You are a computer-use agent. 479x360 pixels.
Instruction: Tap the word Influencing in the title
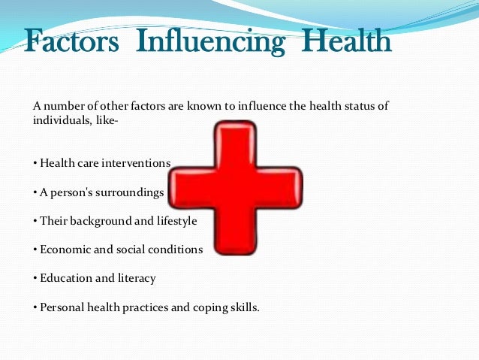tap(210, 42)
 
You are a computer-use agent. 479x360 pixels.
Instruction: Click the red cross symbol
tap(235, 188)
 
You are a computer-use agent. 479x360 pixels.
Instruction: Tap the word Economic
tap(65, 250)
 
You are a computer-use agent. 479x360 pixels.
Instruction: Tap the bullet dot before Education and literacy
tap(35, 279)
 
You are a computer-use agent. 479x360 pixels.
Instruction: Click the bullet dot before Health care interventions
tap(35, 164)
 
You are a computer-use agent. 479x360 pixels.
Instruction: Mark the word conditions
tap(176, 250)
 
